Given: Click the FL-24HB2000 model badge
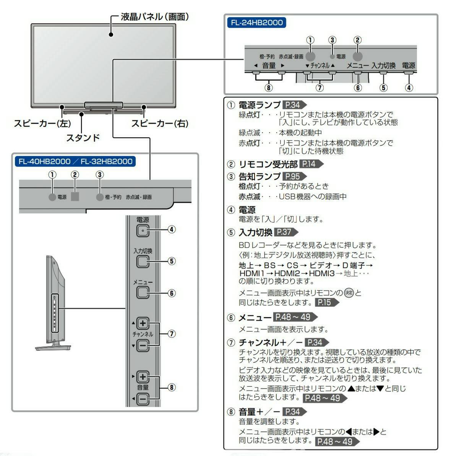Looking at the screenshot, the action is pos(257,23).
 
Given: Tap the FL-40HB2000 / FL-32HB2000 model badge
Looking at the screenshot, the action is pos(76,161).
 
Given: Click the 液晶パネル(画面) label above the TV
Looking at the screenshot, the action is pos(154,17).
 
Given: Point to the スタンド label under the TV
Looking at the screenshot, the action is pos(83,137).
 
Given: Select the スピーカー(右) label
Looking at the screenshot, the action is pos(160,124).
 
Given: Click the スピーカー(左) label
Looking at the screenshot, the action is pos(42,124).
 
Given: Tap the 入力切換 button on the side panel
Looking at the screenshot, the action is pos(143,261).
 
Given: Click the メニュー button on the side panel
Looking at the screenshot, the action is pos(143,293).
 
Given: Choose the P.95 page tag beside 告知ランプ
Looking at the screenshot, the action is pos(293,176).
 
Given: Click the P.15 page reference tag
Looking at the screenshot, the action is pos(326,302).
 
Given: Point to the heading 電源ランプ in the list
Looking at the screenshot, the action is pos(260,105).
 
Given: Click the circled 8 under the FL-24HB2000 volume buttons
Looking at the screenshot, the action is pos(269,88).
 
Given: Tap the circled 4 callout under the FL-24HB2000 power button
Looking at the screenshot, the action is pos(409,88).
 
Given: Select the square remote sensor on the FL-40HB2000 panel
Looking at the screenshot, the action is pos(75,197).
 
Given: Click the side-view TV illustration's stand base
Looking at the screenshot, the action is pos(53,347).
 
